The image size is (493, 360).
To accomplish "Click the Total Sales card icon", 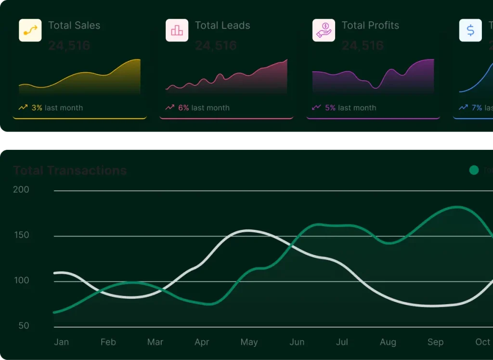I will coord(30,30).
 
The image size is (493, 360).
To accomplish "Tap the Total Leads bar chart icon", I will coord(177,30).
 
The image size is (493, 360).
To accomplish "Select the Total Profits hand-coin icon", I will coord(324,30).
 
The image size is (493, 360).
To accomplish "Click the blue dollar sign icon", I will coord(470,30).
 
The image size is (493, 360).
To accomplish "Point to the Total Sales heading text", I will coord(74,26).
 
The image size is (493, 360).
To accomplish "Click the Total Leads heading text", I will coord(222,26).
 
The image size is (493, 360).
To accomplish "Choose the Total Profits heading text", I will coord(370,26).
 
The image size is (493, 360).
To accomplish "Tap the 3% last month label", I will coord(57,108).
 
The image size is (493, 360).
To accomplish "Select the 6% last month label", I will coord(204,108).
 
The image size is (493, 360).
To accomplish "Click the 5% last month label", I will coord(350,108).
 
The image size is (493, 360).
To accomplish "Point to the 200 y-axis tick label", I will coord(21,190).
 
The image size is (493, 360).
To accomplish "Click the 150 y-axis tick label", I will coord(21,235).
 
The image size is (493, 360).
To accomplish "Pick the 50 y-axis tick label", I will coord(24,326).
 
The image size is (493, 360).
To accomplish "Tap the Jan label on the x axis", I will coord(62,342).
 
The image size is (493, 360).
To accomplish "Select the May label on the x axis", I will coord(249,342).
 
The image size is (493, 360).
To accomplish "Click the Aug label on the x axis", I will coord(388,342).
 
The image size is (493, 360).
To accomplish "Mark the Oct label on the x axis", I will coord(482,342).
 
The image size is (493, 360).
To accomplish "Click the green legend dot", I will coord(474,170).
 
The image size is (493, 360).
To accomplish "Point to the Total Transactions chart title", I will coord(70,171).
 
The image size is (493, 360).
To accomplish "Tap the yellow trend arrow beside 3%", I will coord(23,107).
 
